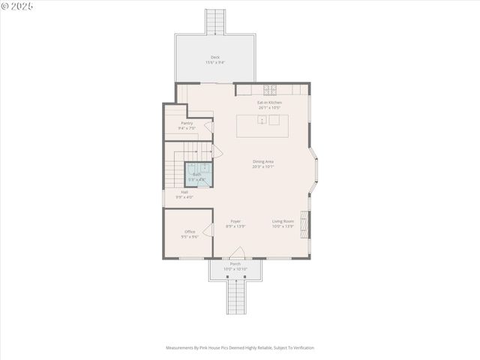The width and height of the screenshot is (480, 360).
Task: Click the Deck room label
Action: pos(215,59)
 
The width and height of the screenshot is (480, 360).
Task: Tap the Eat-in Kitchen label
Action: pos(269,104)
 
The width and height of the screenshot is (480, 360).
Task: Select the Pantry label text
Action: pos(187,125)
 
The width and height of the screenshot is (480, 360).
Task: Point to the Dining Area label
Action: pos(262,163)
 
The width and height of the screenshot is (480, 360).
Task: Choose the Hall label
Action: pos(184,194)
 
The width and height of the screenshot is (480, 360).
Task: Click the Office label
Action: pos(190,234)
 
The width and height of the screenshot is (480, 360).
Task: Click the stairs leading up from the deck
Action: pos(216,21)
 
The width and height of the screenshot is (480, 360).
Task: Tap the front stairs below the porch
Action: pos(236,296)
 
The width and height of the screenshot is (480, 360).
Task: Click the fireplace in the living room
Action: pos(304,223)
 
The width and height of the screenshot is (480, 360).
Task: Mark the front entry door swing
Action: pos(237,253)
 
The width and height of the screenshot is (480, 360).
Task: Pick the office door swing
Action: pos(208,229)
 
